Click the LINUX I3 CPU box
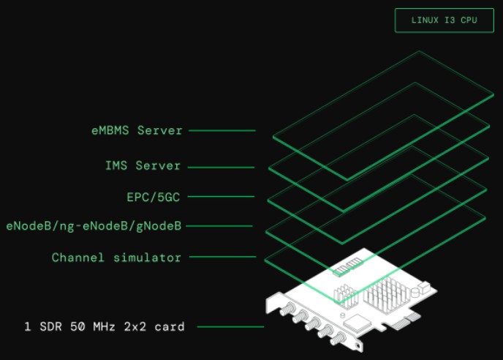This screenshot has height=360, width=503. point(445,20)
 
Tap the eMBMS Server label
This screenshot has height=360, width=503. point(137,130)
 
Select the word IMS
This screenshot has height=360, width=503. point(116,165)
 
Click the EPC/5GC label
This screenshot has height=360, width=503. point(154,197)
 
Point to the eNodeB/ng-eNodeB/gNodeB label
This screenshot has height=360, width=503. point(94,226)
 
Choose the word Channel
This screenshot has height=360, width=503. point(78,258)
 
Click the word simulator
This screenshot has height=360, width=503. point(147,258)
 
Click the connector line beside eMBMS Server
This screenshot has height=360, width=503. point(222,130)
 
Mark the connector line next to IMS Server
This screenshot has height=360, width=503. point(221,167)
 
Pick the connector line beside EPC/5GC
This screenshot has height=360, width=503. point(221,196)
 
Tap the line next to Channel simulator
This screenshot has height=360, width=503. point(223,257)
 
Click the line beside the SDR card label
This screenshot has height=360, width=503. point(230,326)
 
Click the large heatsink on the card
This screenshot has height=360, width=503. point(387,295)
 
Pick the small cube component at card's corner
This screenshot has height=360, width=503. point(424,287)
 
